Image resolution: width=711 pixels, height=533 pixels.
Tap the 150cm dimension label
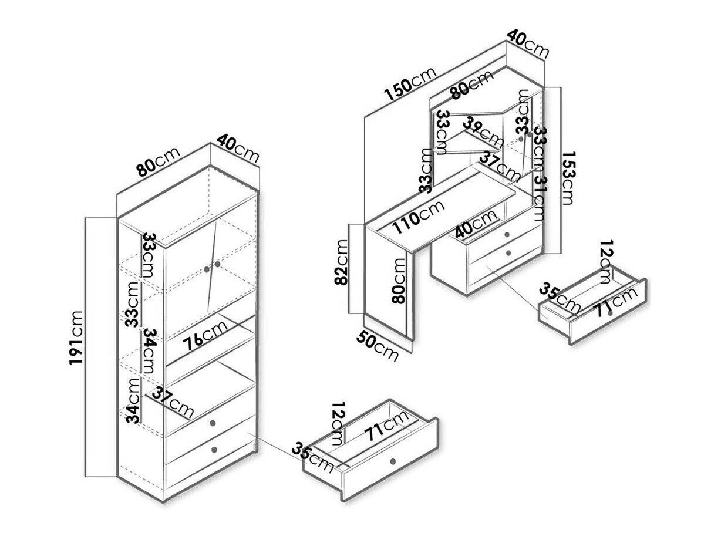click(410, 83)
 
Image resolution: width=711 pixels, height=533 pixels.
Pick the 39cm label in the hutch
click(482, 131)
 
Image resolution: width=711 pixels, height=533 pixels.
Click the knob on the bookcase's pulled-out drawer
click(393, 460)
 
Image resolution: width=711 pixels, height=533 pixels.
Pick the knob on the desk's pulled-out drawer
click(611, 313)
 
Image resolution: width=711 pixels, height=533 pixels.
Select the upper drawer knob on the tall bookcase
click(213, 423)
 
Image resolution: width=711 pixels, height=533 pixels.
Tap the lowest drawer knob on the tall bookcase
click(214, 450)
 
